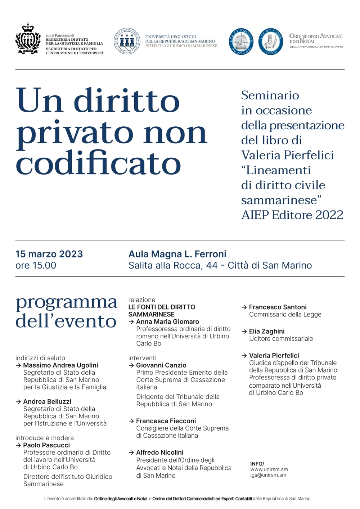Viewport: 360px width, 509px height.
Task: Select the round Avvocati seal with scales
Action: coord(241,41)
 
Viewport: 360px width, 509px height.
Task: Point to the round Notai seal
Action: coord(271,41)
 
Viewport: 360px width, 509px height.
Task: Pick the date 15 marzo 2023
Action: coord(49,254)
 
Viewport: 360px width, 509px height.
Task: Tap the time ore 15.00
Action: coord(36,266)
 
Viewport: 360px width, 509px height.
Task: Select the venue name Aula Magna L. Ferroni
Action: coord(177,254)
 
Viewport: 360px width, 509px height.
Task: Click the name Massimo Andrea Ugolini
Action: coord(60,365)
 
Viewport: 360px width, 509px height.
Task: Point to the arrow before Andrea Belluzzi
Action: coord(18,402)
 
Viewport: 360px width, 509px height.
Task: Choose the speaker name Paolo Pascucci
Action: coord(46,445)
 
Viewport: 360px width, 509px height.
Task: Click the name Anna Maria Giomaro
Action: coord(167,321)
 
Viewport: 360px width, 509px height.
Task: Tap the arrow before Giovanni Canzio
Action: coord(131,365)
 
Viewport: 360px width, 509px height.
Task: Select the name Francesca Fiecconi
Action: coord(166,421)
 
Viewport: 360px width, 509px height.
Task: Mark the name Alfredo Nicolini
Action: coord(159,452)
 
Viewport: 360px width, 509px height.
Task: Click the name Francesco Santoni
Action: coord(278,307)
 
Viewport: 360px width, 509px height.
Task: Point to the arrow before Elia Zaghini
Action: coord(244,332)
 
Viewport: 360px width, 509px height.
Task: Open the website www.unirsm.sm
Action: coord(269,469)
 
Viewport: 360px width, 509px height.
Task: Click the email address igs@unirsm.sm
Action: coord(268,475)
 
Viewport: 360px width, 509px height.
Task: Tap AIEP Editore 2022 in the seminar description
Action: coord(292,215)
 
